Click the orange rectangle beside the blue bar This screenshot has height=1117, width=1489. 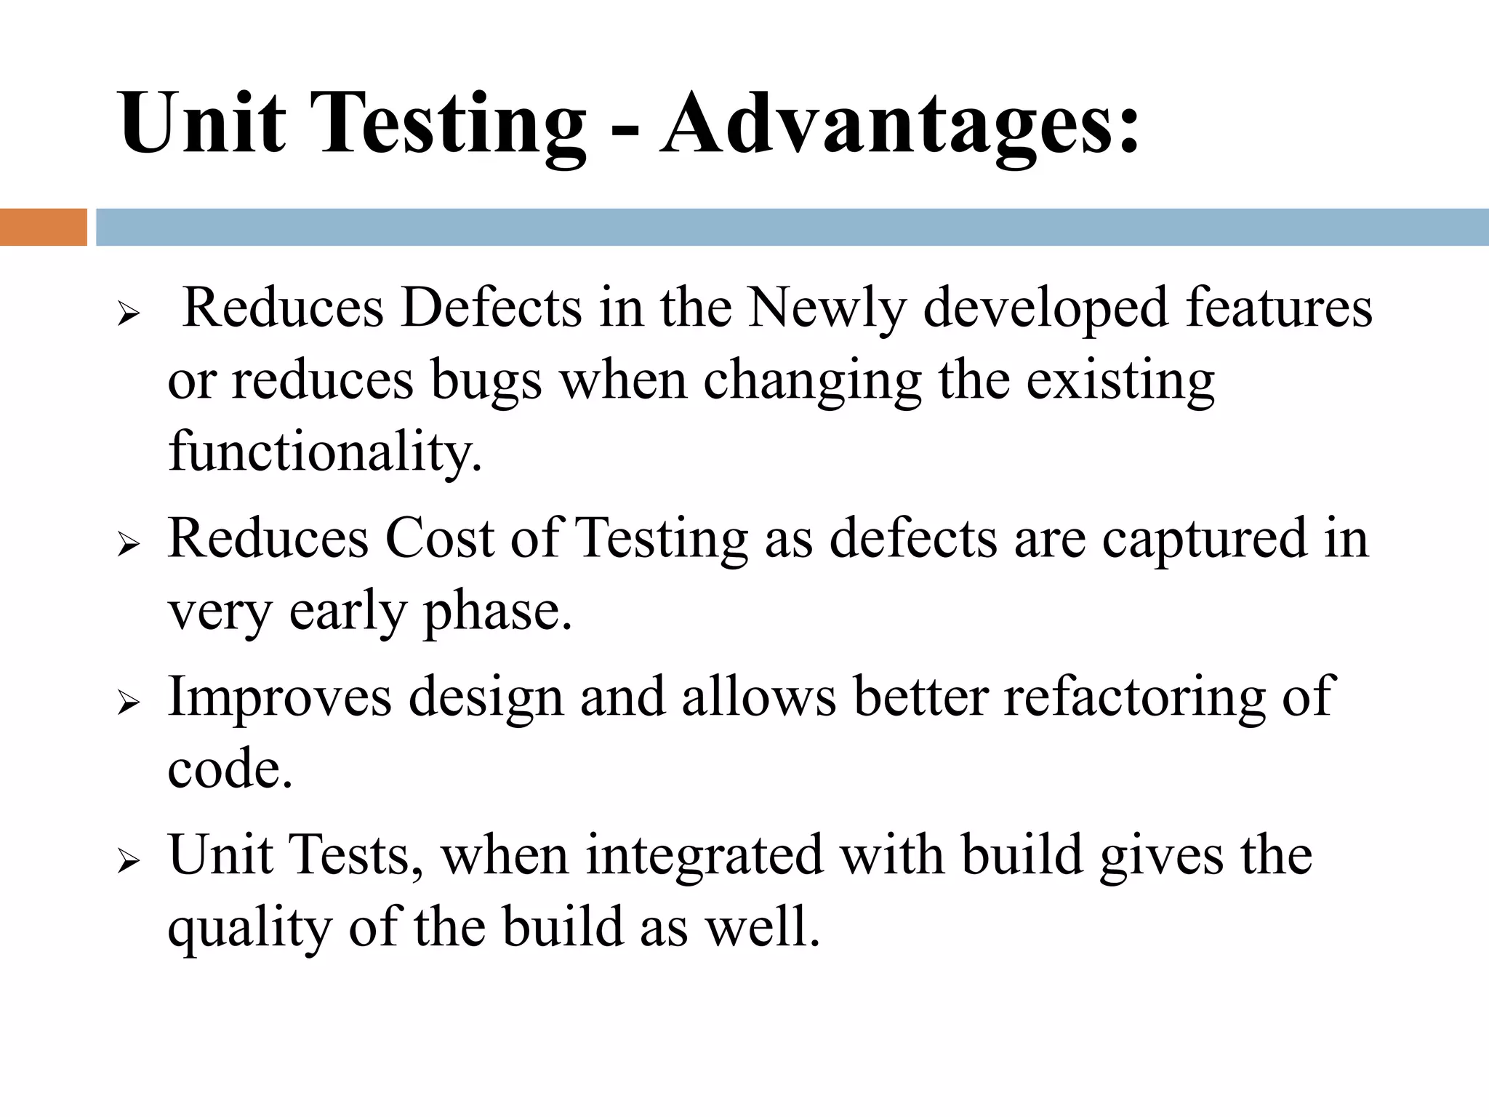43,227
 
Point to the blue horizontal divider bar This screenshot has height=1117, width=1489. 792,227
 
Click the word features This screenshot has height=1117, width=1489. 1279,308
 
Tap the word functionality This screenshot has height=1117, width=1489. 325,451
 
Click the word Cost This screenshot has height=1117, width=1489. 439,538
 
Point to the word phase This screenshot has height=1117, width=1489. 497,612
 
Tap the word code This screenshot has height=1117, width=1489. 230,769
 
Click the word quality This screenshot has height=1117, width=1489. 249,929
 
